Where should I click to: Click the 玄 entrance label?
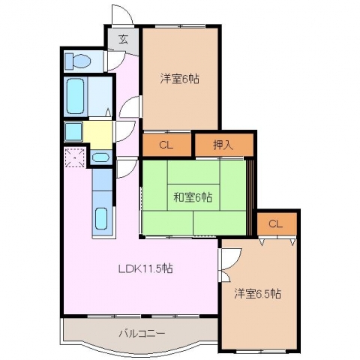[124, 40]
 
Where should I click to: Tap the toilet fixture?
[78, 61]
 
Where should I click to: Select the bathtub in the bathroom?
[75, 96]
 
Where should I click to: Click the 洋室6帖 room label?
[180, 79]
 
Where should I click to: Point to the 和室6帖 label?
[193, 197]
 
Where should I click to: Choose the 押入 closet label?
[223, 145]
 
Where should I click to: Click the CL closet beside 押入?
[166, 145]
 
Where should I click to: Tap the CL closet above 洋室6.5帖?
[276, 224]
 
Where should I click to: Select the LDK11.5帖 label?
[145, 268]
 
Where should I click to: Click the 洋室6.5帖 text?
[257, 294]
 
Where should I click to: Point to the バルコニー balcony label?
[142, 334]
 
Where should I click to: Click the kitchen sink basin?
[101, 218]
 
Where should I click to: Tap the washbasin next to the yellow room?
[100, 157]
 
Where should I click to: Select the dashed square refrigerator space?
[75, 157]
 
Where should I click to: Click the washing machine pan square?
[73, 131]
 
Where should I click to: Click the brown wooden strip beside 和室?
[250, 197]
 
